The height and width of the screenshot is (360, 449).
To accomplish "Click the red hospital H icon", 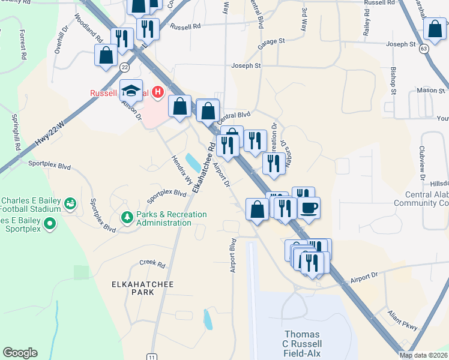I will tap(158, 92).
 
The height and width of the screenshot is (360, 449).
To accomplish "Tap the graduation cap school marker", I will tap(131, 91).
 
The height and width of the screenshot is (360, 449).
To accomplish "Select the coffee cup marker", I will tap(309, 208).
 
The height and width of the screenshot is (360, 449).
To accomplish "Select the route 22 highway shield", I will tap(124, 67).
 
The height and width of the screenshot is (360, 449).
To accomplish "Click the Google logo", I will tap(20, 353).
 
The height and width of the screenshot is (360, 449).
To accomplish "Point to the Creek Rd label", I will tap(152, 263).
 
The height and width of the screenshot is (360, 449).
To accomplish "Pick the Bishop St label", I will tap(393, 80).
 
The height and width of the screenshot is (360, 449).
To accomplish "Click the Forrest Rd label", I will tap(23, 44).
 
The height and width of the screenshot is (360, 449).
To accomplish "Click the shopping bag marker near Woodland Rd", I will tap(106, 55).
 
